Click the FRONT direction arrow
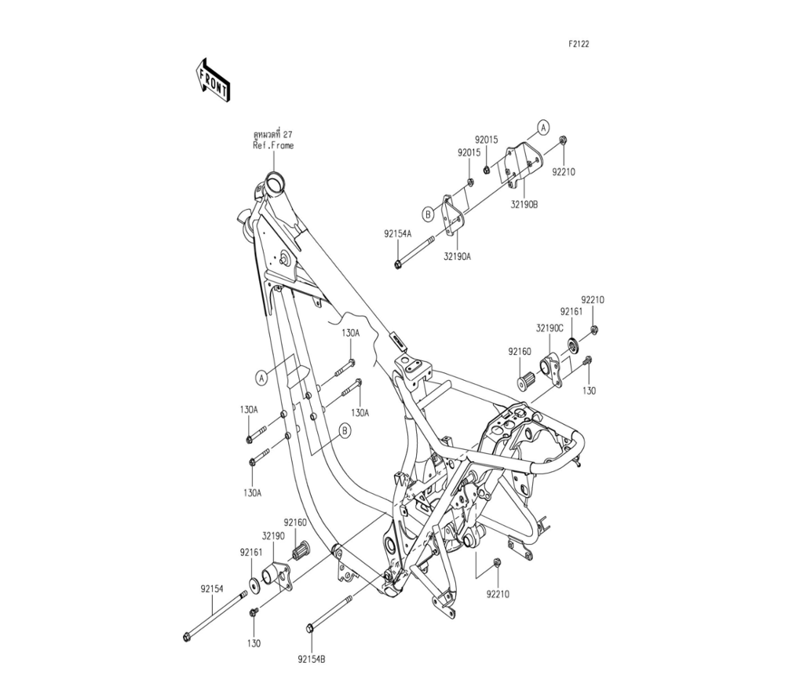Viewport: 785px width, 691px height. (x=212, y=80)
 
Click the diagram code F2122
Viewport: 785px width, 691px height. (x=579, y=44)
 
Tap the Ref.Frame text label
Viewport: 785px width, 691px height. (x=273, y=146)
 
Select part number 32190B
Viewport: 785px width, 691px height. (x=524, y=204)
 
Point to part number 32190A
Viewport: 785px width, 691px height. (x=457, y=256)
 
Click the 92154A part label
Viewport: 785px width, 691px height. (x=398, y=233)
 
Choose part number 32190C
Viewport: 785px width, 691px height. (x=549, y=328)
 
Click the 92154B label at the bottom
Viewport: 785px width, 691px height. (x=312, y=660)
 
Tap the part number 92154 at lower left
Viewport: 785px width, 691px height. (x=212, y=590)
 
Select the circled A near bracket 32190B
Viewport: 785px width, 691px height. (x=544, y=128)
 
